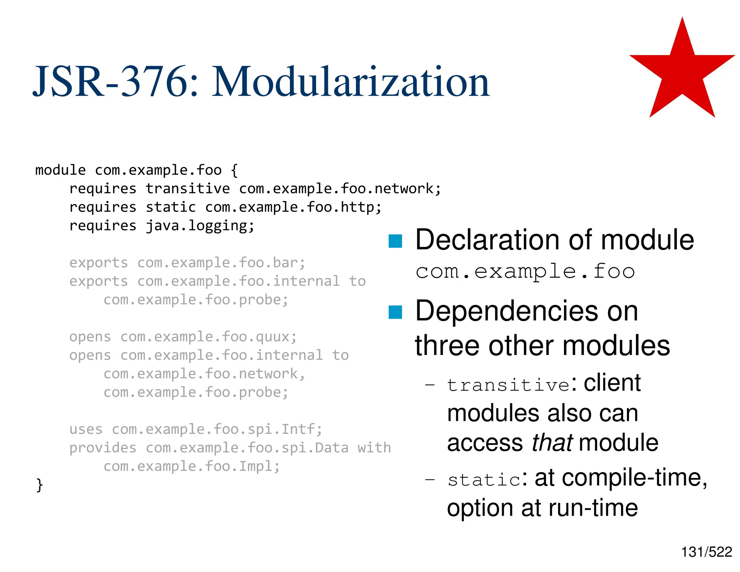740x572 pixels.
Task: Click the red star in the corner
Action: coord(682,72)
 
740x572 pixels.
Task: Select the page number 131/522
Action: coord(706,552)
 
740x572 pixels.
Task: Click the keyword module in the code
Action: coord(60,170)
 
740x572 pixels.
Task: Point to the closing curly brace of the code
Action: coord(39,485)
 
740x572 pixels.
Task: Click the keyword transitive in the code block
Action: coord(188,189)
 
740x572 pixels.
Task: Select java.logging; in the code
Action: coord(200,226)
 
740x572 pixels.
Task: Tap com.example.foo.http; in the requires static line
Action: coord(293,207)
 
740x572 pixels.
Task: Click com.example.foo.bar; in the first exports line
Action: coord(221,263)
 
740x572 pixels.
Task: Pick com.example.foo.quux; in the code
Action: coord(208,337)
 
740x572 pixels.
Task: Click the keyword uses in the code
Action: coord(86,430)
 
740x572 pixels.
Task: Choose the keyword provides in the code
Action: coord(103,448)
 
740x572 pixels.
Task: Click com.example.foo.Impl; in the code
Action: coord(192,466)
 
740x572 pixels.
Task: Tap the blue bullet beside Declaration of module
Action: coord(395,241)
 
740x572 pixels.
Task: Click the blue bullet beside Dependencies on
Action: coord(395,312)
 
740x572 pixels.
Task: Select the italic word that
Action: coord(552,443)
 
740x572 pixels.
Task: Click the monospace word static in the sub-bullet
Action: coord(484,480)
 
